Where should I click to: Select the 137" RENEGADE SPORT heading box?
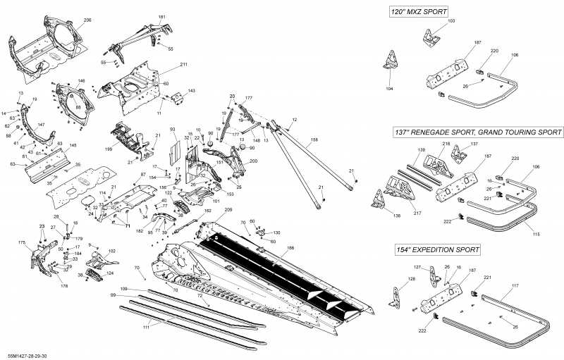[x=477, y=132]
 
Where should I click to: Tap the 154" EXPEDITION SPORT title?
[x=438, y=249]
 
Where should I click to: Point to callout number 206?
[x=87, y=20]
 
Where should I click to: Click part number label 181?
[x=162, y=16]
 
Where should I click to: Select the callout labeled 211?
[x=183, y=65]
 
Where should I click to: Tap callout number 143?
[x=191, y=91]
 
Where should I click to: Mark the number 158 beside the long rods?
[x=314, y=140]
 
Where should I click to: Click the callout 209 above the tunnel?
[x=228, y=210]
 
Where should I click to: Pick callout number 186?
[x=290, y=248]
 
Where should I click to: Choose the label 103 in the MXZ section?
[x=451, y=22]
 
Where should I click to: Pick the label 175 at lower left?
[x=22, y=242]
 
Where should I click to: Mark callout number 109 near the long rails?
[x=124, y=289]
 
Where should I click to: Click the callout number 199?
[x=109, y=149]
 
